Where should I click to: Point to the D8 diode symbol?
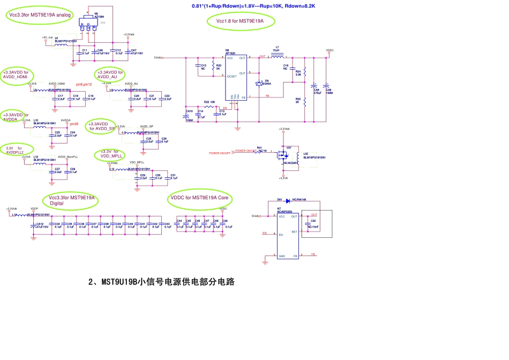(259, 83)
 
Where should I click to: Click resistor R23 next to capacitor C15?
(213, 67)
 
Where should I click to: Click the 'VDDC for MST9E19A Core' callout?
(199, 198)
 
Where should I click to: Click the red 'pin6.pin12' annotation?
(84, 85)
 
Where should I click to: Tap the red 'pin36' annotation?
(74, 124)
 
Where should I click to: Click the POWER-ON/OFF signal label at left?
(220, 153)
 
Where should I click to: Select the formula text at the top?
(253, 6)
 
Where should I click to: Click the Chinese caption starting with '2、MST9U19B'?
(161, 282)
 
